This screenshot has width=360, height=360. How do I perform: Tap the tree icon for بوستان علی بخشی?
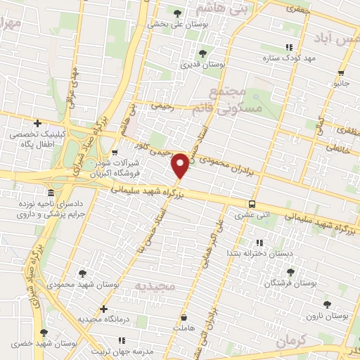tap(178, 13)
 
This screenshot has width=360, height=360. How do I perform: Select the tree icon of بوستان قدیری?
tap(203, 53)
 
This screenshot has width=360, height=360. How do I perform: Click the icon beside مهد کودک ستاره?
tap(288, 47)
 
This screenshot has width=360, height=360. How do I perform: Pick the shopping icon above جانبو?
tap(341, 73)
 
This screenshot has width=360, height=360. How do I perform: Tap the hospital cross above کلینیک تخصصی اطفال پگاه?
tap(37, 123)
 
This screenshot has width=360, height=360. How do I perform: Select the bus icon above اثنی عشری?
tap(252, 205)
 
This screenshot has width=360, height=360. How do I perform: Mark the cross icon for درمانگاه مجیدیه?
tap(104, 309)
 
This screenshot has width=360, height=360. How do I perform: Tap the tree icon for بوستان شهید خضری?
tap(44, 333)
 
